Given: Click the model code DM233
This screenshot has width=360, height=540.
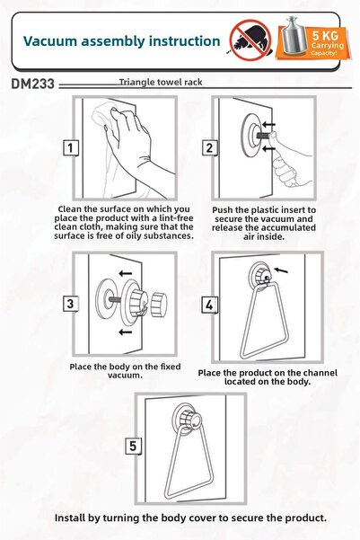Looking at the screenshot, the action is pyautogui.click(x=32, y=84).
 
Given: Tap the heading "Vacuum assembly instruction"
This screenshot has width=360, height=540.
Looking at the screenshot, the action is pyautogui.click(x=121, y=41).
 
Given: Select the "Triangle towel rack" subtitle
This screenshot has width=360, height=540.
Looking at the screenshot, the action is pyautogui.click(x=161, y=83).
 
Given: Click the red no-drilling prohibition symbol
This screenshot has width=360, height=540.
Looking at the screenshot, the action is pyautogui.click(x=250, y=40).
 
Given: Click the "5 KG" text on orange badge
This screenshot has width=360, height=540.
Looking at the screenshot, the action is pyautogui.click(x=325, y=35).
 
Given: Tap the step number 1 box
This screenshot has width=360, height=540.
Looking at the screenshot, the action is pyautogui.click(x=71, y=148).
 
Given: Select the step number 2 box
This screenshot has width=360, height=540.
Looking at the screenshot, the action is pyautogui.click(x=209, y=148).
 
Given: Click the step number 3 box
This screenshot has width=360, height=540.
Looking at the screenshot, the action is pyautogui.click(x=71, y=304).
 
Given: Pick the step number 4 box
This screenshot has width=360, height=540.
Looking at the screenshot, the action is pyautogui.click(x=209, y=305).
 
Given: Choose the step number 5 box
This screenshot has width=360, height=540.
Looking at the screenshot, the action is pyautogui.click(x=133, y=446).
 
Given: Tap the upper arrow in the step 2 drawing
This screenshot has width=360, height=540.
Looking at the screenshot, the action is pyautogui.click(x=268, y=124).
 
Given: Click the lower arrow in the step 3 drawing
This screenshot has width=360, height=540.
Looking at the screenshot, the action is pyautogui.click(x=126, y=332).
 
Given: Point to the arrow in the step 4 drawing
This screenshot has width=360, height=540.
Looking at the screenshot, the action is pyautogui.click(x=281, y=270).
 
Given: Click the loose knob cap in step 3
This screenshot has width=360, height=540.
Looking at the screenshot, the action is pyautogui.click(x=159, y=305).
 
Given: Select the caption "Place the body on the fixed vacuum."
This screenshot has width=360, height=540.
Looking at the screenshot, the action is pyautogui.click(x=125, y=371).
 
